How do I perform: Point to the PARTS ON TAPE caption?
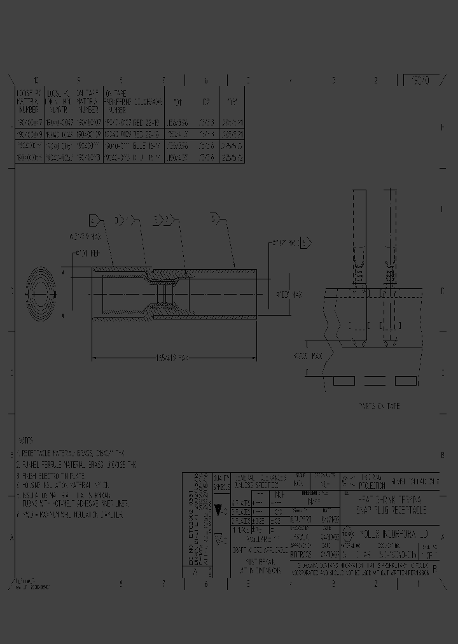[x=380, y=405]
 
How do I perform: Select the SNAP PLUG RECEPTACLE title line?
[x=391, y=510]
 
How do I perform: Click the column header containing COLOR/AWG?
[x=135, y=100]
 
